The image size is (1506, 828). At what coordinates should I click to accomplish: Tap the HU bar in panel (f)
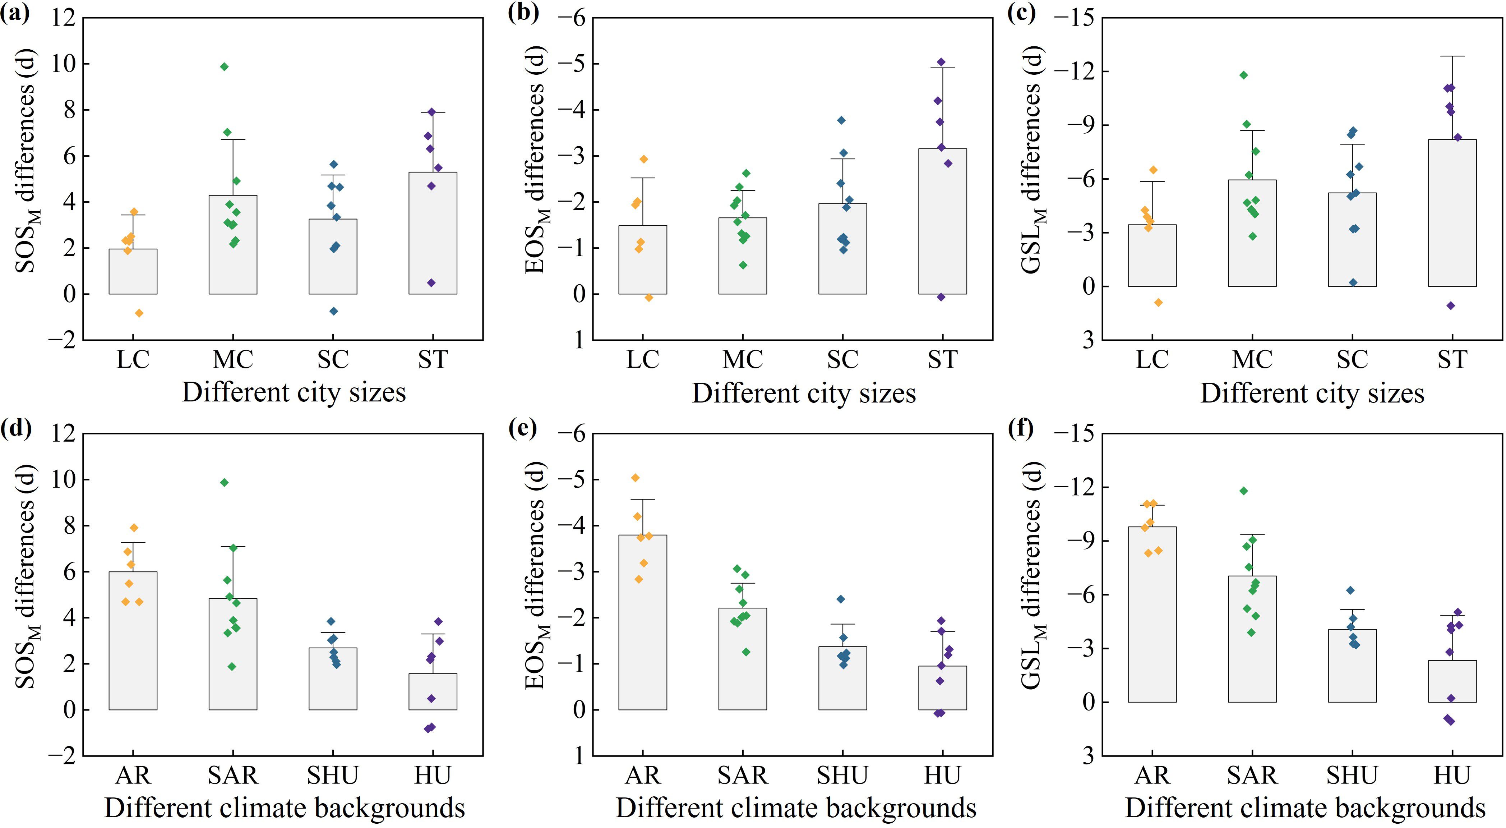[1452, 681]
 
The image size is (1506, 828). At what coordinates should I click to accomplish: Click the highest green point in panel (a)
[224, 66]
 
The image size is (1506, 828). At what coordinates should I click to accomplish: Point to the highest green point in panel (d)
[224, 482]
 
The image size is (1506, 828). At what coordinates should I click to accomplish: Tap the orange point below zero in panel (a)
[139, 313]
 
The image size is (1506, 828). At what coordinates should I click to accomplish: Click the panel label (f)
[1021, 429]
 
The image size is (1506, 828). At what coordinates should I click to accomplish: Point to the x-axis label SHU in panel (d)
[333, 776]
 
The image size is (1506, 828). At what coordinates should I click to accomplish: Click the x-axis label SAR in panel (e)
[743, 776]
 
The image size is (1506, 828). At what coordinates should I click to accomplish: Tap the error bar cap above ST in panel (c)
[1452, 56]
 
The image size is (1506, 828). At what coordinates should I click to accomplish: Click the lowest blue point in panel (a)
[333, 311]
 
